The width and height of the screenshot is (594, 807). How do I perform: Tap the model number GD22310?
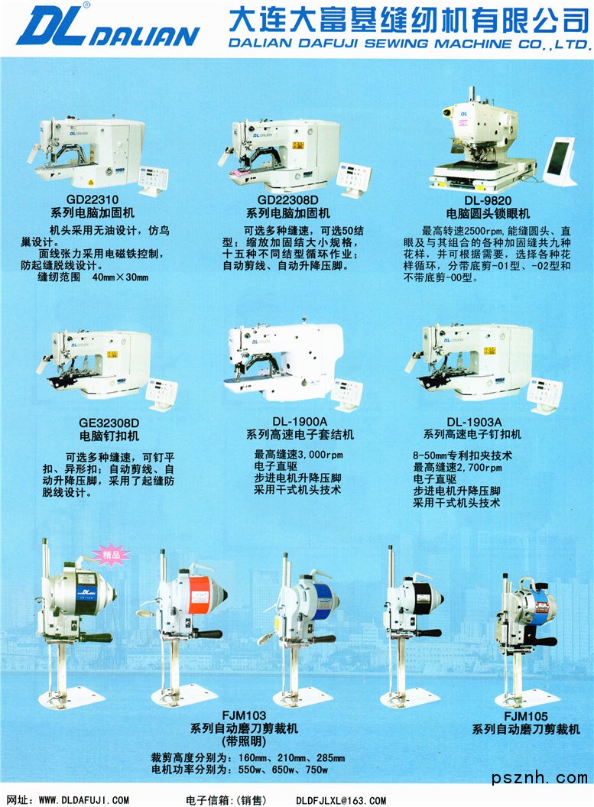click(93, 199)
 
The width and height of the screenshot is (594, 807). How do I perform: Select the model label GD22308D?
click(288, 199)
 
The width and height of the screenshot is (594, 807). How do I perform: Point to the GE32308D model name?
click(109, 423)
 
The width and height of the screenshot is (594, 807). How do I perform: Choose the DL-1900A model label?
click(300, 422)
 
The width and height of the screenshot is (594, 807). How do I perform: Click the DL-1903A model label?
click(474, 422)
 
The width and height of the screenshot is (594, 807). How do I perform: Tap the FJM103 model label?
click(244, 715)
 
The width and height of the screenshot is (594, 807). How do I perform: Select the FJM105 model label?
click(526, 716)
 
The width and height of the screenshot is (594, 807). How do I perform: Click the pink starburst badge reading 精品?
click(111, 556)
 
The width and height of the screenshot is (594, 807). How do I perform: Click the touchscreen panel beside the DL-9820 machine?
click(560, 161)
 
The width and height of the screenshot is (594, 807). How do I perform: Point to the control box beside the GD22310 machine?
click(153, 180)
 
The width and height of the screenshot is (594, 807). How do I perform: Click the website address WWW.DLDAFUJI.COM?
click(84, 800)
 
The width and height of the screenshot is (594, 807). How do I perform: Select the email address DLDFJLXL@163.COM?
click(341, 800)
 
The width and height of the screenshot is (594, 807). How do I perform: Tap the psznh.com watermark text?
click(540, 778)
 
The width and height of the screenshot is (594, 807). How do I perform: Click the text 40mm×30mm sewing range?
click(121, 277)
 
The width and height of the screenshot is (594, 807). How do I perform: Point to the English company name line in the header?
click(408, 44)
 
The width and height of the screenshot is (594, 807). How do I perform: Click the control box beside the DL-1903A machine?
click(544, 397)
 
